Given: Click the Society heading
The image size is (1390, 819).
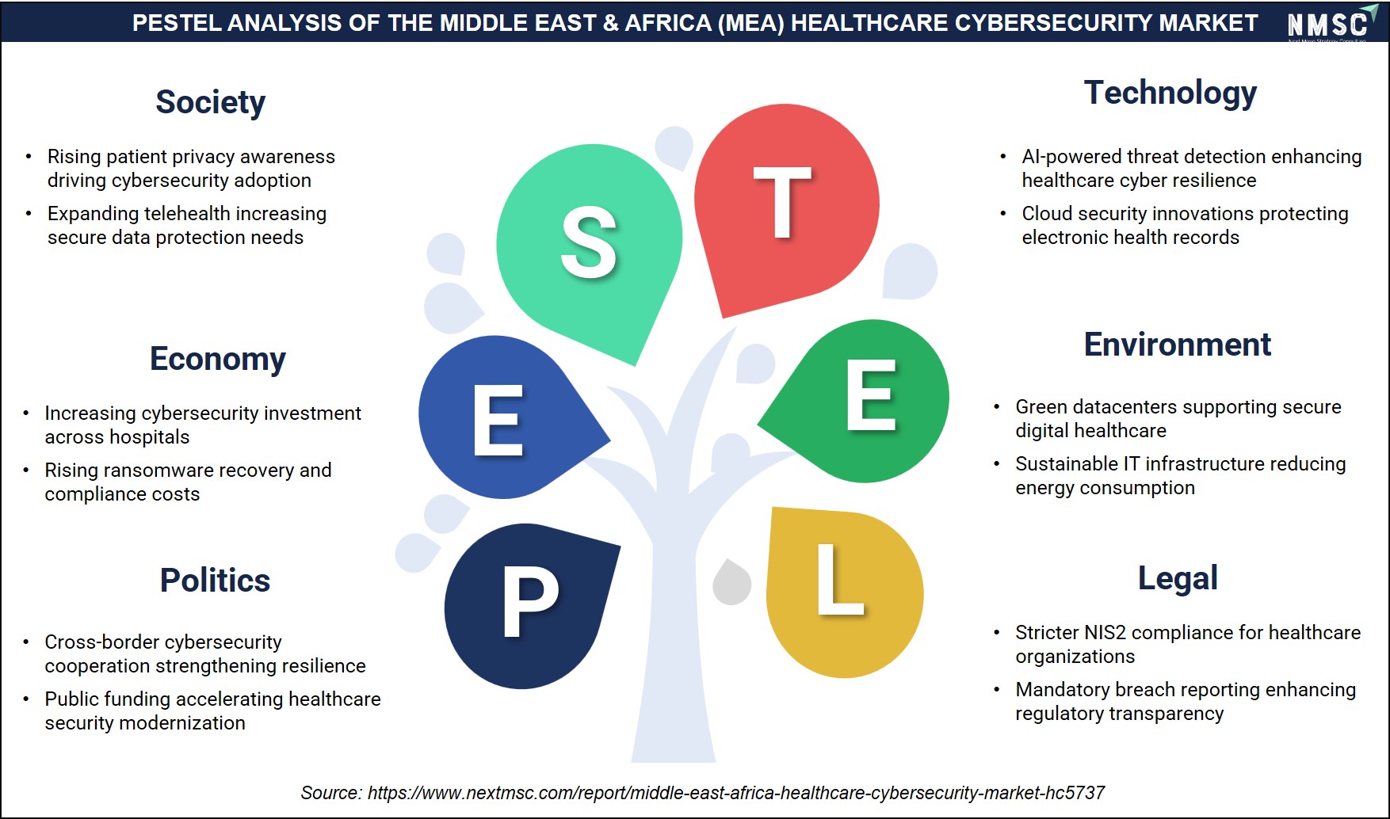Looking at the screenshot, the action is coord(210,102).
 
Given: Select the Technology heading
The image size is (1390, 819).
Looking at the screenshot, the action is coord(1170,93).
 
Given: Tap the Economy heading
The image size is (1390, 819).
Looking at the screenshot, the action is coord(218,360).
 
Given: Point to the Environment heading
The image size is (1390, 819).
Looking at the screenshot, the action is coord(1178,345).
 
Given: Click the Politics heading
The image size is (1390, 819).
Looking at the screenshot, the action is coord(215,580).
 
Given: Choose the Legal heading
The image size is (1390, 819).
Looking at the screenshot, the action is coord(1178,578).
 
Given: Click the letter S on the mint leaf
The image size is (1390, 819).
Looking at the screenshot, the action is coord(588,242).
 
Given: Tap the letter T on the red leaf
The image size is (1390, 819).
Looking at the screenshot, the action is coord(782,203).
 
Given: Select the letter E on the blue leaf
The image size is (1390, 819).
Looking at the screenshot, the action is coord(498,421).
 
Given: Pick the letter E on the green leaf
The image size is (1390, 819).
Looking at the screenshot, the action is coord(871,394).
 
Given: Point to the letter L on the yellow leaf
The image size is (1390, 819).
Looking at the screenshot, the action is coord(839,579).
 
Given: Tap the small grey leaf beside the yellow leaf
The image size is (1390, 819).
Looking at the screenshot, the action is coord(731,582).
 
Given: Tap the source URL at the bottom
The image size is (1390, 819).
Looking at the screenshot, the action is coord(736,793).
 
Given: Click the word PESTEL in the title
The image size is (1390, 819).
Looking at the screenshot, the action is coord(177,23).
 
